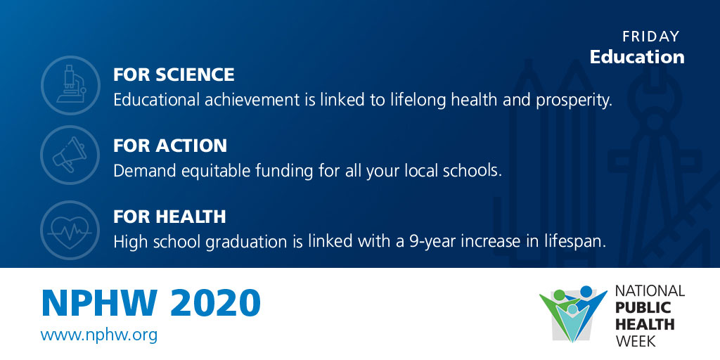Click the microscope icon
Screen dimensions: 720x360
[x=70, y=85]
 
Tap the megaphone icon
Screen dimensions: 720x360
[x=70, y=155]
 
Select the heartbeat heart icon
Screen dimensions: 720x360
[x=70, y=230]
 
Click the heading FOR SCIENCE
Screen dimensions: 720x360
[x=174, y=75]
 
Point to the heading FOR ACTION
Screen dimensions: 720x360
[x=170, y=146]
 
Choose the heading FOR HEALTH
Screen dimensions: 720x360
[x=169, y=217]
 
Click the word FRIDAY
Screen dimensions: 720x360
[x=650, y=37]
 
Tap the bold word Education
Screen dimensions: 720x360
[x=637, y=57]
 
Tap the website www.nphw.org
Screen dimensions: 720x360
[x=98, y=334]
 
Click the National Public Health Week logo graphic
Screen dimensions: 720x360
[x=572, y=314]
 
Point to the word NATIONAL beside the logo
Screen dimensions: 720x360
[x=650, y=290]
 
